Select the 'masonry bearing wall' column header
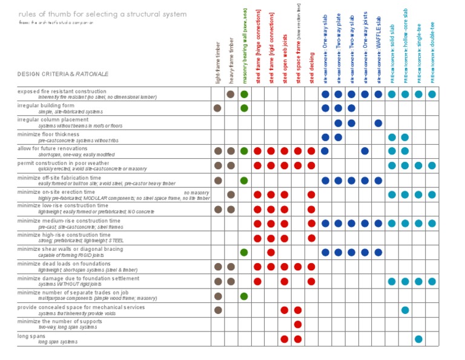coord(245,55)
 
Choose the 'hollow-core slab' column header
coord(405,45)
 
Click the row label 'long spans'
coord(31,336)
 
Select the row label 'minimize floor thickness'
coord(48,134)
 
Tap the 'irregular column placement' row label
coord(53,119)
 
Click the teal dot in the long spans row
coord(418,339)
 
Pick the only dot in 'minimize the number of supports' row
coord(298,324)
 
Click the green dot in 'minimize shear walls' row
coord(244,252)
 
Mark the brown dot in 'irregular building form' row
coord(217,108)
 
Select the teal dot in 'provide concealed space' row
coord(405,310)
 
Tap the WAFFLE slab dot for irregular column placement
coord(378,123)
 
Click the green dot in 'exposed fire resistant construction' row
coord(244,94)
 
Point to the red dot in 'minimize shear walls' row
coord(271,252)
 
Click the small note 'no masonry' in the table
coord(197,192)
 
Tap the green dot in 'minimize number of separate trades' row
coord(244,296)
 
